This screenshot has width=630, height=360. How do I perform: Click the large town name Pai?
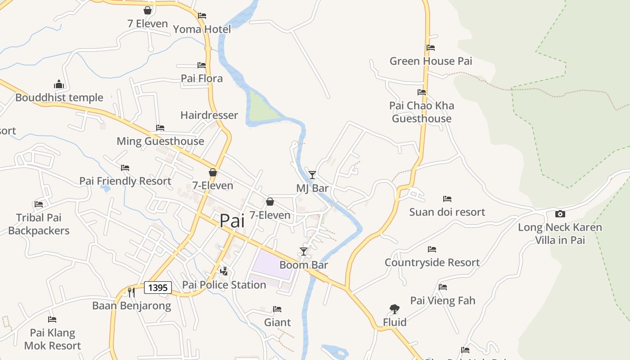point(232,221)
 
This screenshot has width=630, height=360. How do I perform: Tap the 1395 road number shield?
point(158,288)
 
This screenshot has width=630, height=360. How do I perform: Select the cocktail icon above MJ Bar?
point(312,175)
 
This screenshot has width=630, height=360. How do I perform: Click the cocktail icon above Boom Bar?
point(304,251)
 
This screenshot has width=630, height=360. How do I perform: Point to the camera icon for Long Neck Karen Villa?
point(560,214)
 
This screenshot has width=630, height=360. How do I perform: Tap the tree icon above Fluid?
point(395,309)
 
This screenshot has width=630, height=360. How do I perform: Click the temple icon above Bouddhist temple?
point(59,84)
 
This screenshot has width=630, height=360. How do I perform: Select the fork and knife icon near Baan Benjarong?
point(131,292)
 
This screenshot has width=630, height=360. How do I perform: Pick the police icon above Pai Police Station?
point(224,271)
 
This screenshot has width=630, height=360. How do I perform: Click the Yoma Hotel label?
point(202,29)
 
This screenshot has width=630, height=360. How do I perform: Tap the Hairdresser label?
point(209,115)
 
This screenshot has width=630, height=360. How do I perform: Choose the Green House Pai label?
point(431,61)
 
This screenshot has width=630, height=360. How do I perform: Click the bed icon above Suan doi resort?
point(447,198)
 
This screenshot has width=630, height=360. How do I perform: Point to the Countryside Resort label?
point(432,262)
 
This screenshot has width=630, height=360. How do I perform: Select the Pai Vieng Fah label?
point(443,301)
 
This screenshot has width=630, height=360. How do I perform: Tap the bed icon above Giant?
point(277,309)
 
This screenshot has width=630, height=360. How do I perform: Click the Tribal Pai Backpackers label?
point(39,224)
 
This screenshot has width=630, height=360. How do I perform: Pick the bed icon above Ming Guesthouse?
point(160,128)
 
